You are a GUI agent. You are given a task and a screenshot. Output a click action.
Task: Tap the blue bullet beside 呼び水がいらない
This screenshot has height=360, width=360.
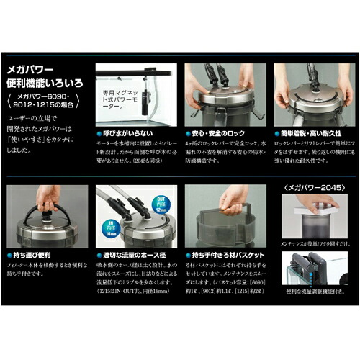tap(99, 134)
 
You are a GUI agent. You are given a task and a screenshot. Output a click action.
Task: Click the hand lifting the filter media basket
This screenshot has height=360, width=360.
tap(234, 198)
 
